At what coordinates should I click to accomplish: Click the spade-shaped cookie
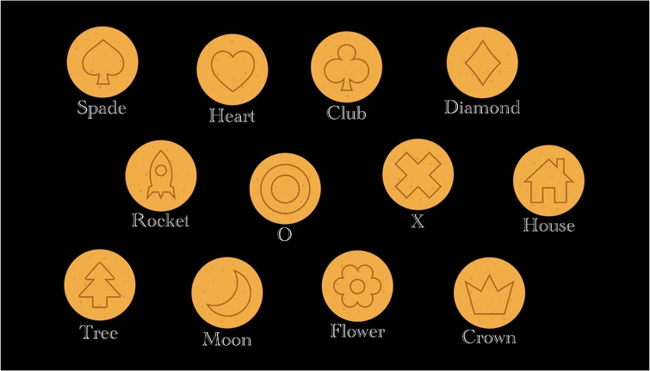coord(102,62)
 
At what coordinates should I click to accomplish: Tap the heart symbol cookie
coord(232,70)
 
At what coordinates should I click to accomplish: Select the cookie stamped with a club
coord(347,67)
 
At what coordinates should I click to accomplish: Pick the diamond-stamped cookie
coord(482,63)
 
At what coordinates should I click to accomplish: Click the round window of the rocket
coord(161,170)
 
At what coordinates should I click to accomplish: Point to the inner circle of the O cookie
coord(285,189)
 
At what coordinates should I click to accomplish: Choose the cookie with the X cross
coord(418,175)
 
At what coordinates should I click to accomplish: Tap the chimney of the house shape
coord(560,166)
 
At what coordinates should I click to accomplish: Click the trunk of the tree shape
coord(100,302)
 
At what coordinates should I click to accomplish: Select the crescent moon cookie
coord(226,293)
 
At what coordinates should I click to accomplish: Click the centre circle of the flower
coord(357,286)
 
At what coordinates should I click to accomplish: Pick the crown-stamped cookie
coord(489,293)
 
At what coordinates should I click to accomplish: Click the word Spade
coord(102,108)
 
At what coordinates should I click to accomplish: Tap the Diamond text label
coord(482,108)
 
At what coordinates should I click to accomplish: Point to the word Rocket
coord(160,220)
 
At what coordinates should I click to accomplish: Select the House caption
coord(548,225)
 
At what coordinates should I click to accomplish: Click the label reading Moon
coord(227,339)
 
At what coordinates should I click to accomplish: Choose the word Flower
coord(357,331)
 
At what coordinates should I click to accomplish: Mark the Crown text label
coord(489,337)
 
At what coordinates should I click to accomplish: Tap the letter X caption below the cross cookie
coord(418,222)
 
